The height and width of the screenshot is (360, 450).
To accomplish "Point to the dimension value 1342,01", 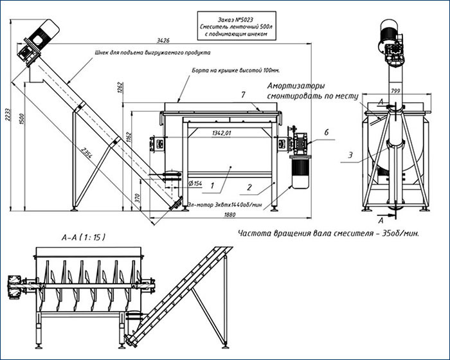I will pyautogui.click(x=221, y=133).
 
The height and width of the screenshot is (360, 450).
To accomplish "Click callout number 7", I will pyautogui.click(x=243, y=95).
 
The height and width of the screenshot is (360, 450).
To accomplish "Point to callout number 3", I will pyautogui.click(x=350, y=155).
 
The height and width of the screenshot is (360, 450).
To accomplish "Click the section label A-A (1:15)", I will pyautogui.click(x=83, y=237).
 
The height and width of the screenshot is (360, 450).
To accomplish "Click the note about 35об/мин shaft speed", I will pyautogui.click(x=328, y=233).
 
